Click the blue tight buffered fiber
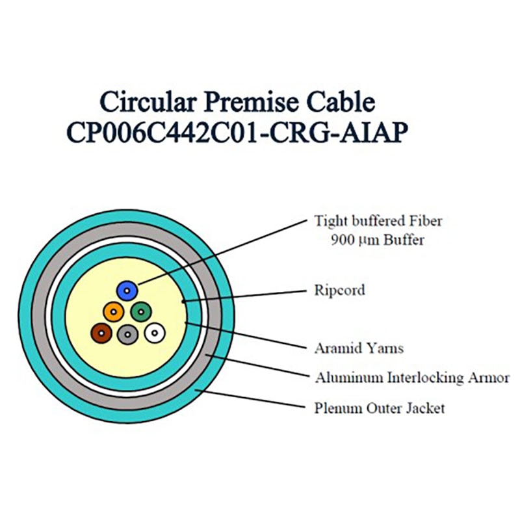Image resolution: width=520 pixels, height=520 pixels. click(x=127, y=291)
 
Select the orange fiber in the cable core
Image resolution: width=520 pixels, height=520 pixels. click(x=113, y=312)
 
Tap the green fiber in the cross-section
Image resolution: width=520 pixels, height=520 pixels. click(x=141, y=312)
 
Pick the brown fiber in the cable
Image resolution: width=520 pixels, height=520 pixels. click(x=101, y=333)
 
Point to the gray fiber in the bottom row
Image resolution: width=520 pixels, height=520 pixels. click(x=127, y=334)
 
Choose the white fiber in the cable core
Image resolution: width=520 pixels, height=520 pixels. click(x=155, y=333)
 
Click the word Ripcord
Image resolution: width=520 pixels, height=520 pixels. click(x=339, y=291)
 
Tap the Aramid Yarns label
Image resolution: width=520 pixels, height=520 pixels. click(x=359, y=348)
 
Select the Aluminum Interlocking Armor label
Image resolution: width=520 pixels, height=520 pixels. click(x=412, y=378)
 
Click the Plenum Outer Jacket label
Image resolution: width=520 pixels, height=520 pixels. click(x=380, y=408)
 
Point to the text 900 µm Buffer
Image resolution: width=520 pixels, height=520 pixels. click(x=378, y=240)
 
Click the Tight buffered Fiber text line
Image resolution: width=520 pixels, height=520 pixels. click(x=378, y=221)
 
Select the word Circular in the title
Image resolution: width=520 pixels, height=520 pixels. click(x=148, y=101)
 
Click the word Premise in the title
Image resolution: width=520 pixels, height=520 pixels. click(x=251, y=103)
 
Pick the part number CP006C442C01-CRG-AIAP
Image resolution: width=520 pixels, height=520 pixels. click(x=237, y=133)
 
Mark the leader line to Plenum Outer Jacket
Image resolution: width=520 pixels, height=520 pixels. click(x=250, y=398)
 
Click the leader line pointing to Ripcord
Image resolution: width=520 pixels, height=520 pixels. click(x=244, y=296)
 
